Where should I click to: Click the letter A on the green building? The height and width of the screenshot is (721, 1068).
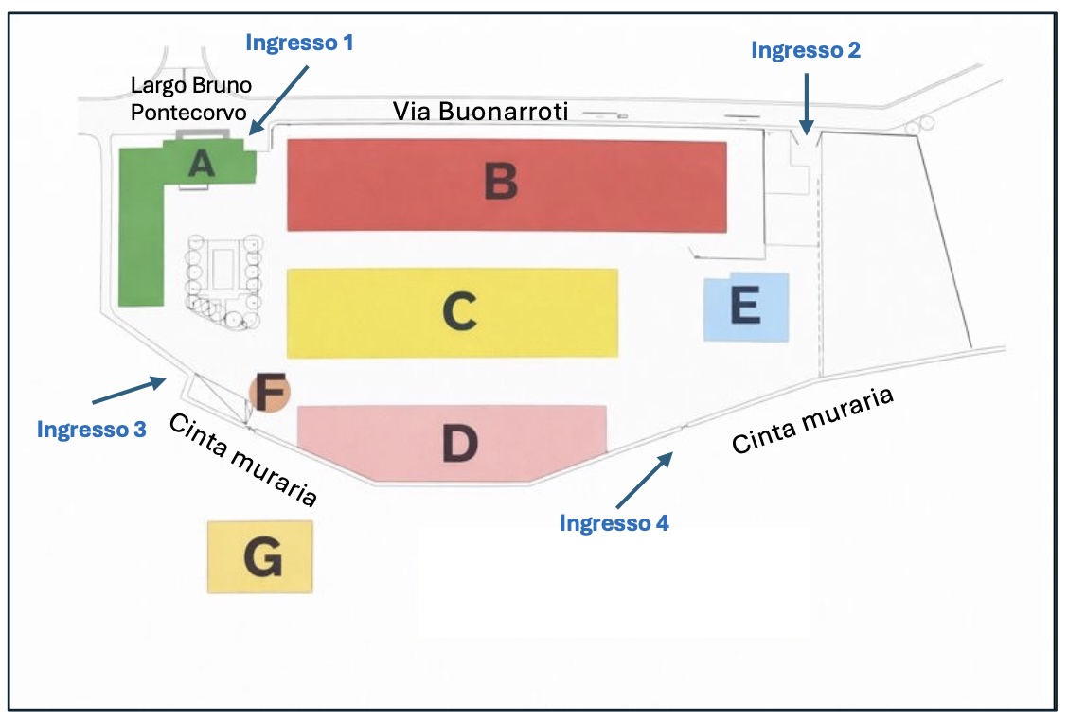click(x=200, y=165)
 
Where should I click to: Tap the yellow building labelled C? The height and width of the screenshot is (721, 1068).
click(x=452, y=312)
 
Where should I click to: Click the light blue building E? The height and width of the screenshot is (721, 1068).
click(x=746, y=307)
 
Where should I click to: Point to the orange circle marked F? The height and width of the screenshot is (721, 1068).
click(x=269, y=392)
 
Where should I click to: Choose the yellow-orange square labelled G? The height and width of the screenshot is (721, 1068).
click(x=260, y=557)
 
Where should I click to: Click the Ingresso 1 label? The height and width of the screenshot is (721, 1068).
click(x=299, y=43)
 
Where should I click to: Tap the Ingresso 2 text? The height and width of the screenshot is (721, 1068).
click(x=806, y=51)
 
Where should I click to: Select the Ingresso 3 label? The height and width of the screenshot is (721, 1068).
click(x=92, y=429)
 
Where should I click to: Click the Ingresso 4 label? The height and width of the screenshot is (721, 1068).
click(x=614, y=522)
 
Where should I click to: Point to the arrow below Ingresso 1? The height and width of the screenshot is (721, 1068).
click(x=281, y=95)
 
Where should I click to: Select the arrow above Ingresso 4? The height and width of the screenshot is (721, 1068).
click(x=645, y=480)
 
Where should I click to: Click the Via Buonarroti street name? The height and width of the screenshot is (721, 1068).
click(x=480, y=112)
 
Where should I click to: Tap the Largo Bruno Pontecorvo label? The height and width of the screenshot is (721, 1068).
click(x=191, y=99)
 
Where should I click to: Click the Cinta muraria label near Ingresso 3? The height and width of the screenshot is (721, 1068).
click(x=241, y=461)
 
